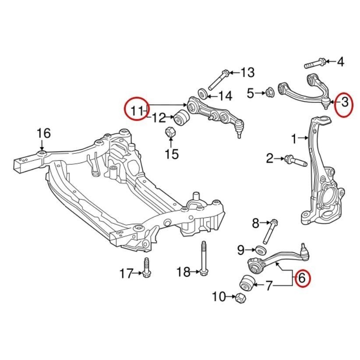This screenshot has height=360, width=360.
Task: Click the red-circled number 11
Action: pos(136,109)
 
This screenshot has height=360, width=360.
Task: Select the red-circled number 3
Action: pos(344,103)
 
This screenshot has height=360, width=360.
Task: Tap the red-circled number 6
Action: pos(303,278)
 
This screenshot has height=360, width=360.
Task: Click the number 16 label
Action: pos(43,133)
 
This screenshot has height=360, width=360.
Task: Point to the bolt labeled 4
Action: pos(315,64)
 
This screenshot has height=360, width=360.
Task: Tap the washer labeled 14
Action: pos(203,94)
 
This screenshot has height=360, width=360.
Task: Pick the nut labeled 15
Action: pos(171,131)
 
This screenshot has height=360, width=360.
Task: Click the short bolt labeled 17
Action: pos(146,268)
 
